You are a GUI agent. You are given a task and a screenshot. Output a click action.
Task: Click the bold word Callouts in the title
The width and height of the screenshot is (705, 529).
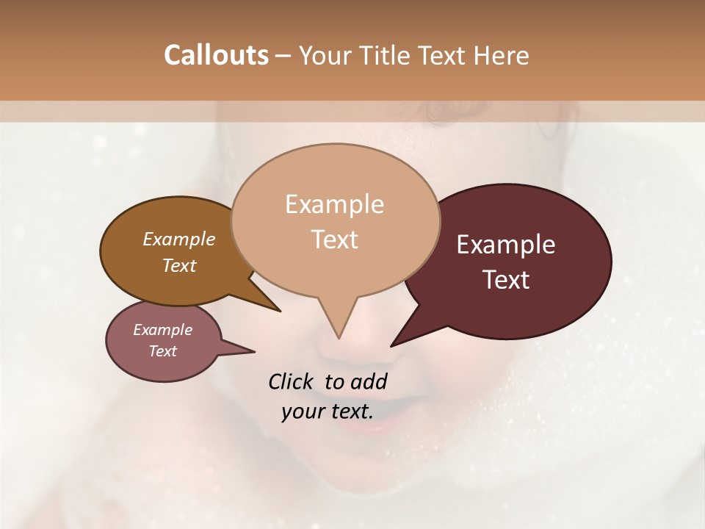[x=216, y=55]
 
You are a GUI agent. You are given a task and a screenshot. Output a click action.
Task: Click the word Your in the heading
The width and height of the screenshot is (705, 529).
[x=325, y=55]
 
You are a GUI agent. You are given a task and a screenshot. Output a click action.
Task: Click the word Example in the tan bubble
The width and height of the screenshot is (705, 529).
[x=334, y=204]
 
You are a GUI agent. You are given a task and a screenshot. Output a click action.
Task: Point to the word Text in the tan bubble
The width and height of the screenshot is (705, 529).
[x=334, y=240]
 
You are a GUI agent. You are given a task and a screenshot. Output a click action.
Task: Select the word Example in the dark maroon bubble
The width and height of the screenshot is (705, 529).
[x=506, y=245]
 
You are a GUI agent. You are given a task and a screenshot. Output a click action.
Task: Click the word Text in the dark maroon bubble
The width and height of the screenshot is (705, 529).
[x=506, y=280]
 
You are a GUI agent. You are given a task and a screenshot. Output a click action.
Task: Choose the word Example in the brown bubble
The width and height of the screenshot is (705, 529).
[x=178, y=239]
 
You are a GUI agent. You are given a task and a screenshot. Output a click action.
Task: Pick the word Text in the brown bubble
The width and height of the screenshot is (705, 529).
[x=178, y=265]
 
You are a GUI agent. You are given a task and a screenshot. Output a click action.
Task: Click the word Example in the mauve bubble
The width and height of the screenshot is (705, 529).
[x=162, y=330]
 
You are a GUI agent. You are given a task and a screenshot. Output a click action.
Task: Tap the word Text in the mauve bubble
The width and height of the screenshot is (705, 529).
[x=162, y=351]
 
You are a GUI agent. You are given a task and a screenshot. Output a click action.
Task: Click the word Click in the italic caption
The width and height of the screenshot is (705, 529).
[x=292, y=381]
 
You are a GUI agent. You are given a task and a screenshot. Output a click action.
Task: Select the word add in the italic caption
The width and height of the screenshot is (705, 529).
[x=369, y=381]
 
